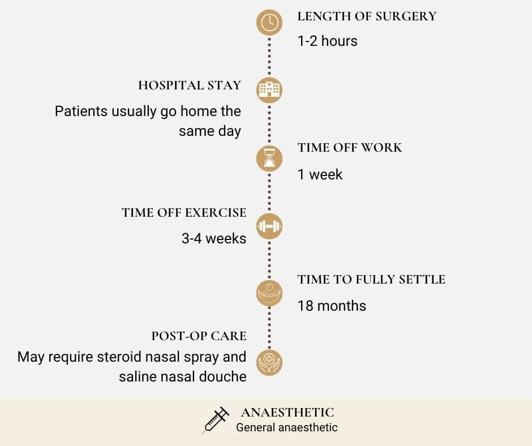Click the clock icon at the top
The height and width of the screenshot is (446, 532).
coord(269,23)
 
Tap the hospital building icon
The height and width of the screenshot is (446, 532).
coord(269,90)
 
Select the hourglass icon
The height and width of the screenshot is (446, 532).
coord(269,158)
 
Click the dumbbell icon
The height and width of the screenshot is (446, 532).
coord(269,226)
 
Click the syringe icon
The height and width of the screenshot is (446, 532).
coord(215,420)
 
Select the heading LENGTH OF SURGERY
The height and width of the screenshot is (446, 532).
coord(367,16)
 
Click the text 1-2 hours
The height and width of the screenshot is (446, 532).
coord(328,41)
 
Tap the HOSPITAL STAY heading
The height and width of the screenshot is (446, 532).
coord(190,85)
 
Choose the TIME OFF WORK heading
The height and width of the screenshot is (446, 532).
coord(350,148)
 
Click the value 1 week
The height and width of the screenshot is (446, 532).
coord(320,174)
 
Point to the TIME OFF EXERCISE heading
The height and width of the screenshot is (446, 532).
coord(184,213)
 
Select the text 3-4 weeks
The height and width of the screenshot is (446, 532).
coord(214,238)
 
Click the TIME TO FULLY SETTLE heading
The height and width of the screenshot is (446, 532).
coord(371,280)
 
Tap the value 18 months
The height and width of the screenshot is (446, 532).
coord(332,306)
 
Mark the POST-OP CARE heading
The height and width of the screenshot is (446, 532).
coord(199,336)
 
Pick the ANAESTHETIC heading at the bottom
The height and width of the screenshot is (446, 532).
coord(288,413)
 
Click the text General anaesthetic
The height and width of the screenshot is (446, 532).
coord(287,427)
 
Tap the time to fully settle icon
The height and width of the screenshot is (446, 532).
coord(269,293)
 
